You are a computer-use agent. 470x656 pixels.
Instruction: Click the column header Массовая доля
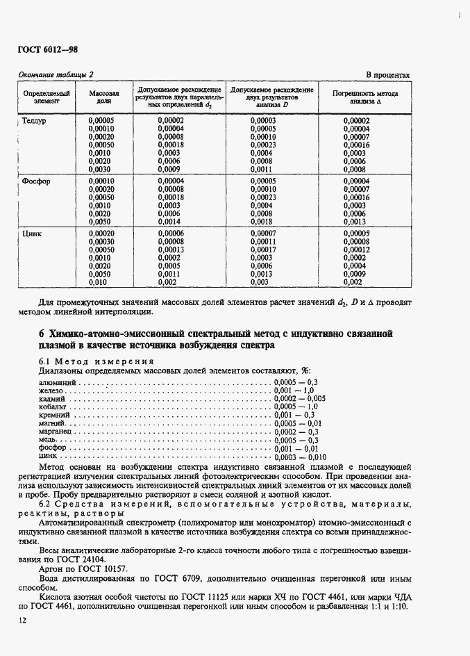coord(104,96)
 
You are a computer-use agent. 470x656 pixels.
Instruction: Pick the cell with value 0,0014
coord(169,221)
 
